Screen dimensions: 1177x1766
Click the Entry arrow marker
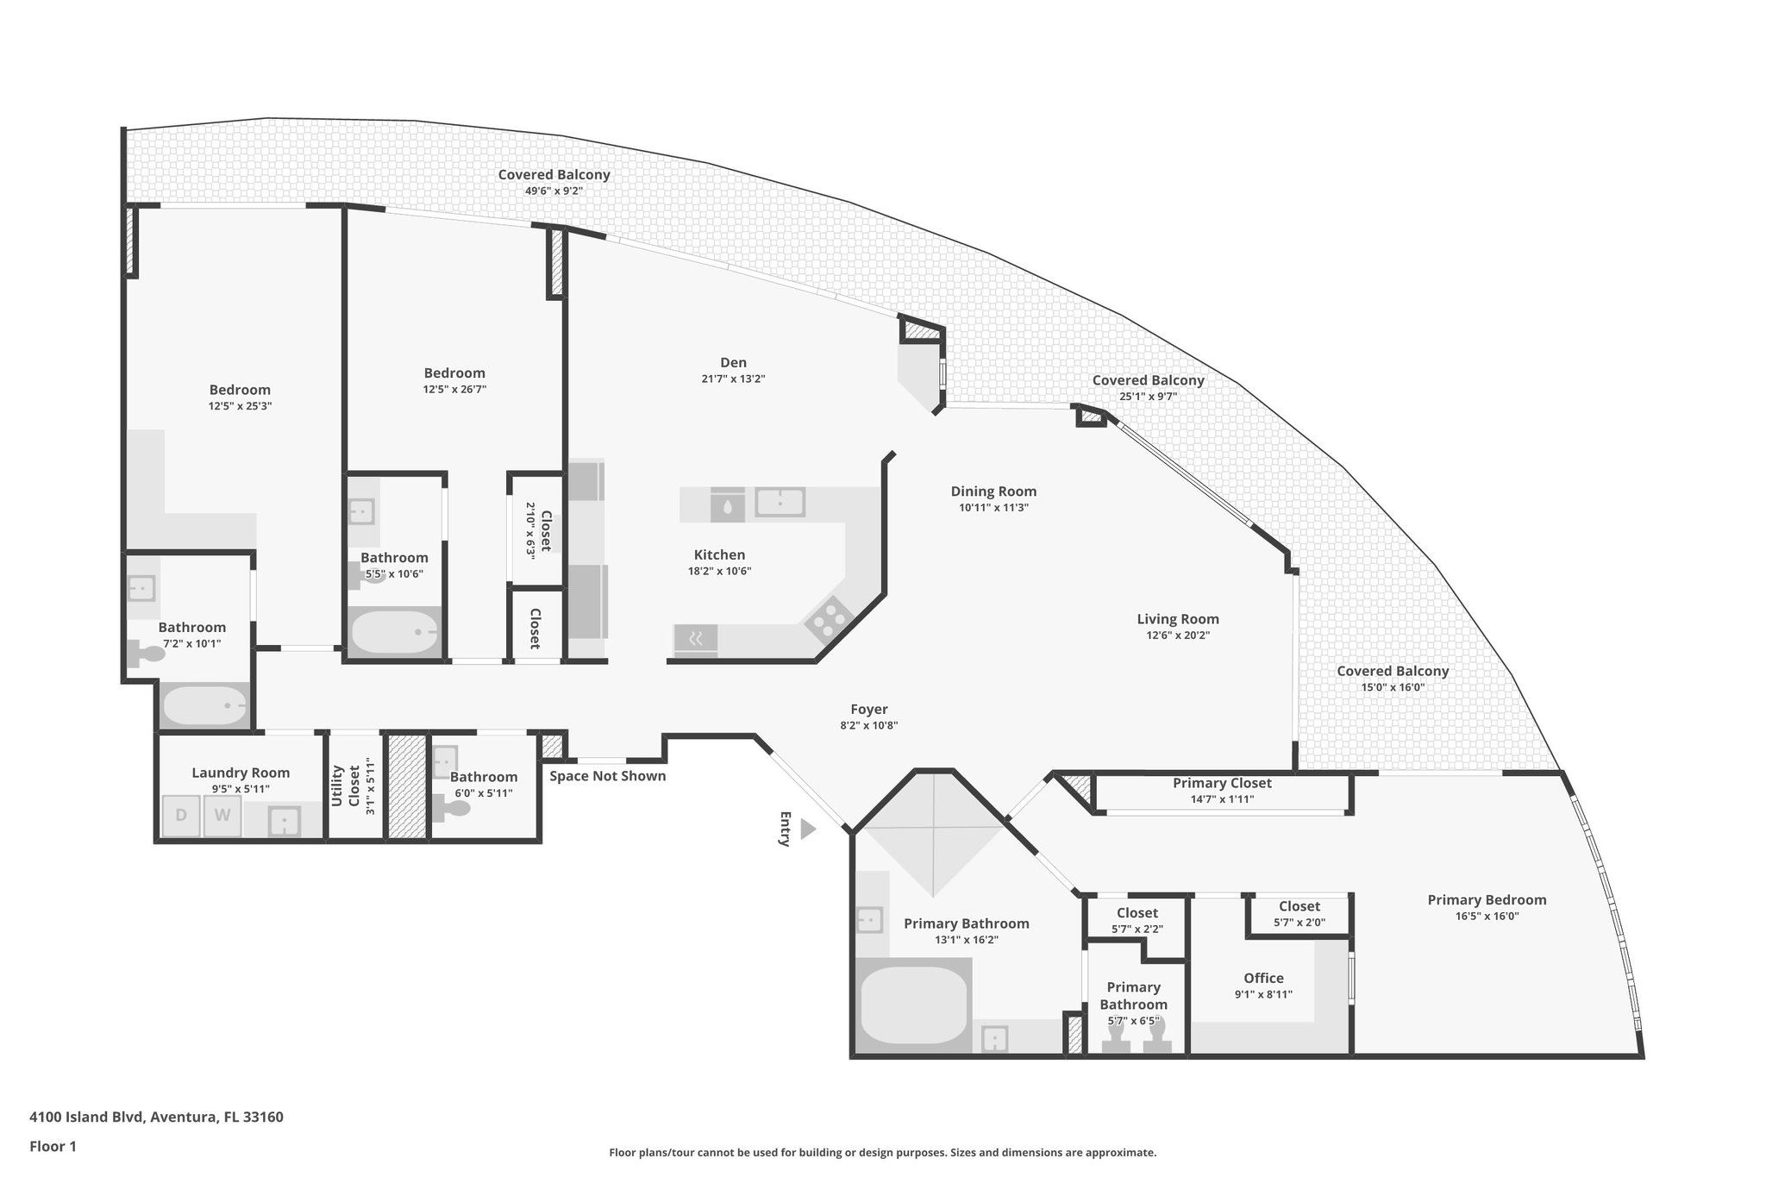[x=807, y=830]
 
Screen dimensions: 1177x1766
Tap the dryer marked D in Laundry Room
[x=181, y=816]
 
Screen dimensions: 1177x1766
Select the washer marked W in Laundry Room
[x=222, y=816]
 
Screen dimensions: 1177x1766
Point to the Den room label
[x=733, y=362]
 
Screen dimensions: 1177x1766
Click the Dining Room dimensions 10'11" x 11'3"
[x=993, y=508]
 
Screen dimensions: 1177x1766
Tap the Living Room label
[x=1177, y=619]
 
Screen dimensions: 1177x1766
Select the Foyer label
[x=868, y=710]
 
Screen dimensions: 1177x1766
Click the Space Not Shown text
[x=608, y=776]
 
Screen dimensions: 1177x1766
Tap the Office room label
[x=1263, y=978]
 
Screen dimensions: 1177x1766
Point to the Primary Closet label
[x=1222, y=783]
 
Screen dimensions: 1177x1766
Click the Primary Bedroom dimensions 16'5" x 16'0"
[x=1487, y=917]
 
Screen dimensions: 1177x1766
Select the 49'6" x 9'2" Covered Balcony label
[x=554, y=191]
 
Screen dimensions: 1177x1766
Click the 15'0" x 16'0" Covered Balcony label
[x=1393, y=687]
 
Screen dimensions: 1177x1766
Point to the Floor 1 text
[x=53, y=1146]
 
